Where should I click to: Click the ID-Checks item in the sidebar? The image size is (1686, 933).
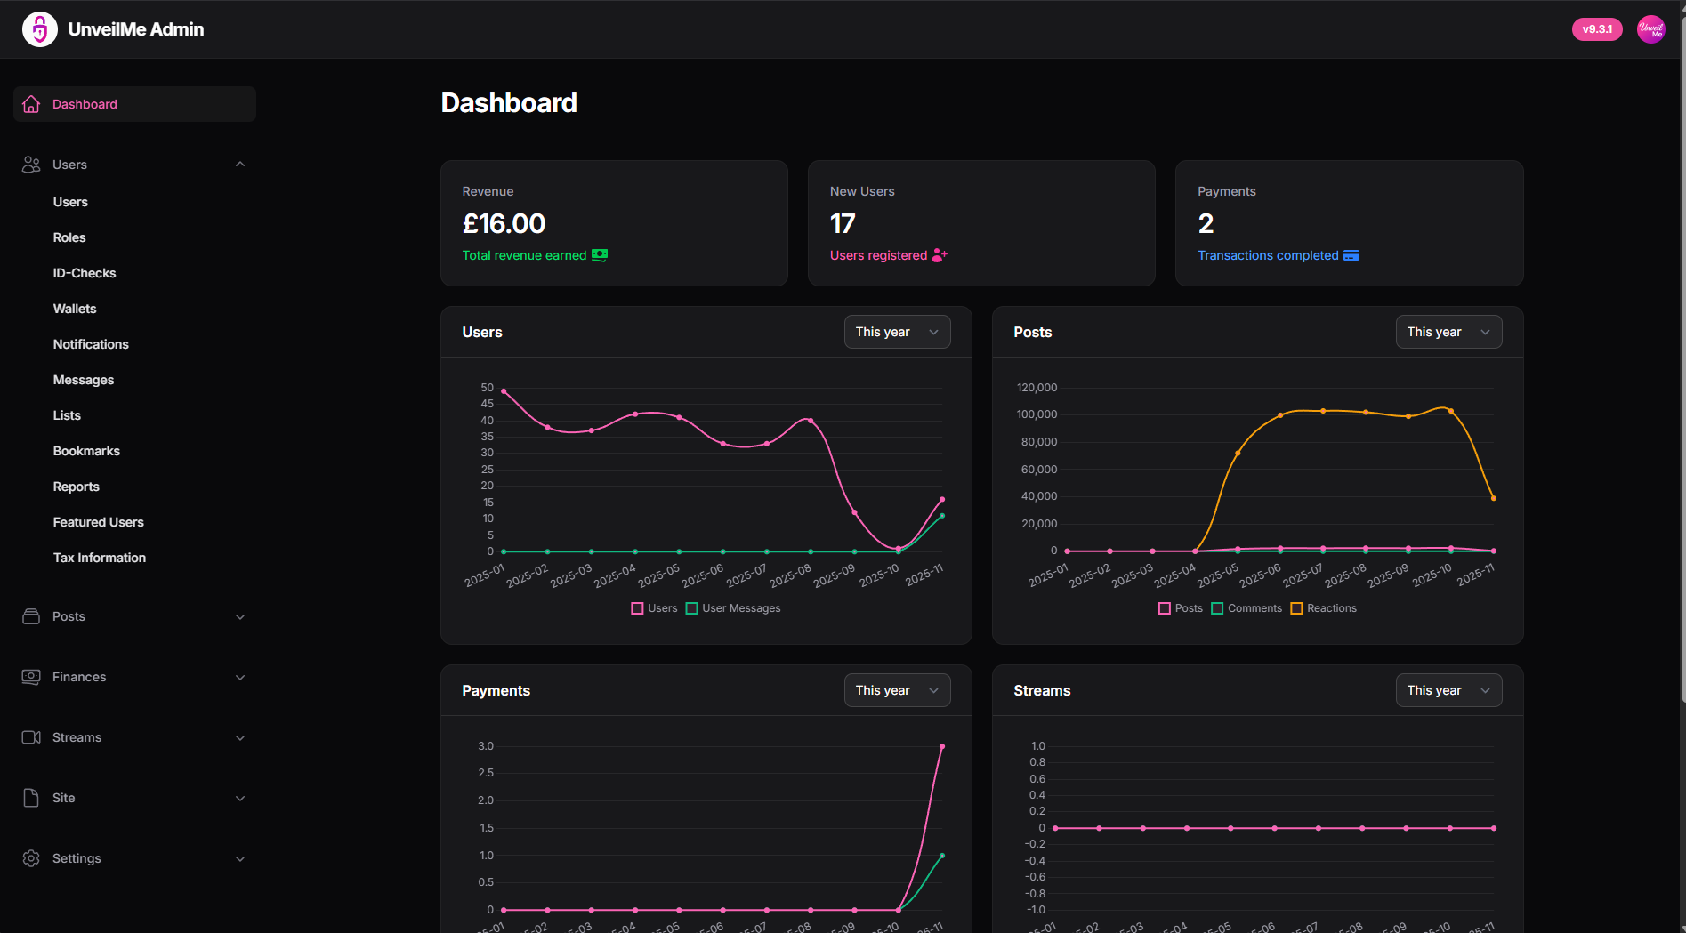click(85, 273)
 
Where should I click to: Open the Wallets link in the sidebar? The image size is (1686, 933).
click(75, 309)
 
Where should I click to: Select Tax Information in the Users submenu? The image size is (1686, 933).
click(100, 558)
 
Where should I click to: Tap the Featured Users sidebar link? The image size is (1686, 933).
click(98, 522)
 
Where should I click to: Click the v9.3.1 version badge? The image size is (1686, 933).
click(1597, 29)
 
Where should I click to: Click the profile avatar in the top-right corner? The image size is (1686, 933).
click(1650, 29)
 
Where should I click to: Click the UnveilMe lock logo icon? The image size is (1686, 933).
click(40, 29)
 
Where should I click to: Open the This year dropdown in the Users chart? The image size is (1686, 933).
click(897, 332)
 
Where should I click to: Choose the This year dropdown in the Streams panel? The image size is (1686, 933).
click(1448, 690)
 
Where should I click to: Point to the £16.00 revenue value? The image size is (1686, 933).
click(504, 223)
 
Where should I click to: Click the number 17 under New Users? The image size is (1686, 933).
click(843, 223)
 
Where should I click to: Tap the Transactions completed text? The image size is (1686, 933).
click(1268, 255)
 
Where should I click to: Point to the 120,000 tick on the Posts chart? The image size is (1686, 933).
click(1037, 388)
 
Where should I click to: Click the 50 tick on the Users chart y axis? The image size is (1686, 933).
click(487, 388)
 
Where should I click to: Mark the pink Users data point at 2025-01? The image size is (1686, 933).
click(504, 391)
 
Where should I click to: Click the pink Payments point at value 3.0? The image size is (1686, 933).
click(942, 746)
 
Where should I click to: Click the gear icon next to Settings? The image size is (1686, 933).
click(31, 858)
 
